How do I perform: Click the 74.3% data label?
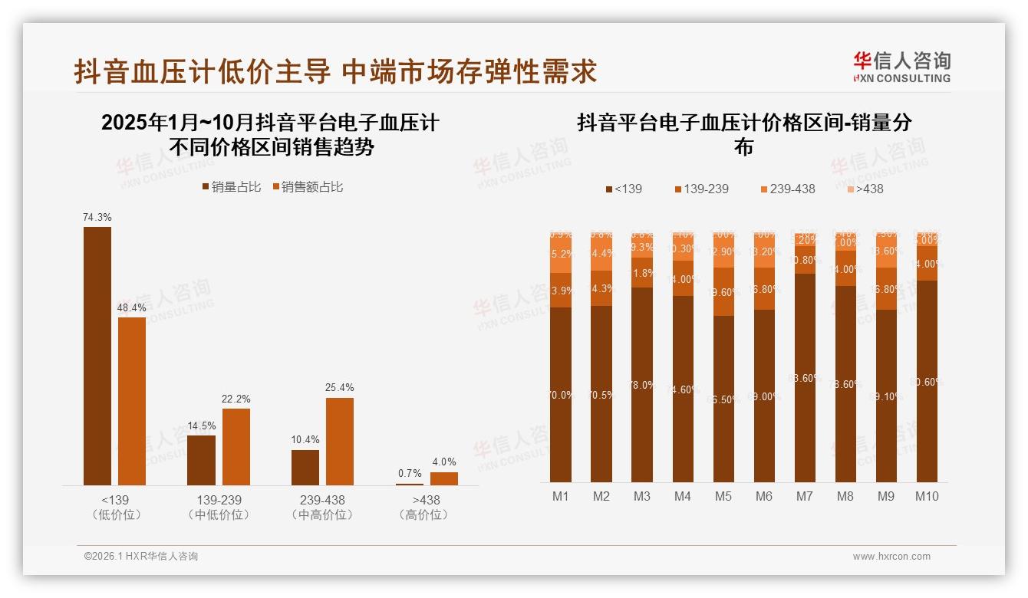[x=97, y=218]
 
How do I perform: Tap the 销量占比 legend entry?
[x=231, y=186]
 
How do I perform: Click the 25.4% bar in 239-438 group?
[x=340, y=441]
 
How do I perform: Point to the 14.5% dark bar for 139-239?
[x=201, y=460]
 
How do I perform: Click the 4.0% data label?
[x=443, y=462]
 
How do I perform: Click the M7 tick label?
[x=804, y=496]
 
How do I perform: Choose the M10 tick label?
[x=926, y=496]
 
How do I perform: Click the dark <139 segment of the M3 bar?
[x=642, y=383]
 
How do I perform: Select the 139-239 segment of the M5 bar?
[x=723, y=292]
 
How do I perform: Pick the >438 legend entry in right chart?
[x=865, y=189]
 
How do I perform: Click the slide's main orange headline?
[x=335, y=71]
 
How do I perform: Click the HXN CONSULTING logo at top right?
[x=901, y=67]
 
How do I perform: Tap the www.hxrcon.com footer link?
[x=891, y=557]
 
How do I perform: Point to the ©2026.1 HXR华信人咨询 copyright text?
[x=140, y=557]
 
